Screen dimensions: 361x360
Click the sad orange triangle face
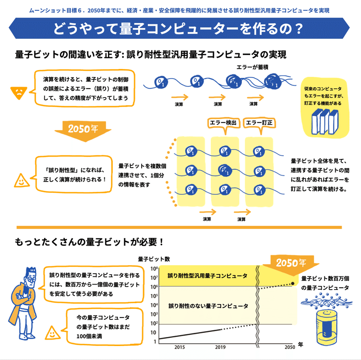[x=19, y=93]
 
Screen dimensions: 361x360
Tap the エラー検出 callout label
[x=223, y=123]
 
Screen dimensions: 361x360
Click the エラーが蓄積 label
[x=252, y=67]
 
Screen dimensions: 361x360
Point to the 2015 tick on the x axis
[x=179, y=347]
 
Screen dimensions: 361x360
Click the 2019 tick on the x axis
[x=220, y=347]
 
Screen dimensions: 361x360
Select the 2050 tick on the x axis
[x=290, y=347]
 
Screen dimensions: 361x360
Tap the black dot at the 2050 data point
[x=292, y=283]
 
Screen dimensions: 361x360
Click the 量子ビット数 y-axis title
[x=154, y=259]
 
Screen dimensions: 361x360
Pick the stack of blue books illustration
[x=325, y=122]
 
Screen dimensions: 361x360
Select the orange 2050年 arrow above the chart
[x=291, y=265]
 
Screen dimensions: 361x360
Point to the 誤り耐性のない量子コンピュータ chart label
[x=208, y=306]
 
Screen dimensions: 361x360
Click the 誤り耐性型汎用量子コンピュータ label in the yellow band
[x=208, y=276]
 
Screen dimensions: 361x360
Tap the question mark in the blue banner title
[x=299, y=29]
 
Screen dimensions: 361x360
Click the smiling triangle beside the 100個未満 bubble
[x=53, y=333]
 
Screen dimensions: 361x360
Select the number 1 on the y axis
[x=155, y=342]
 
